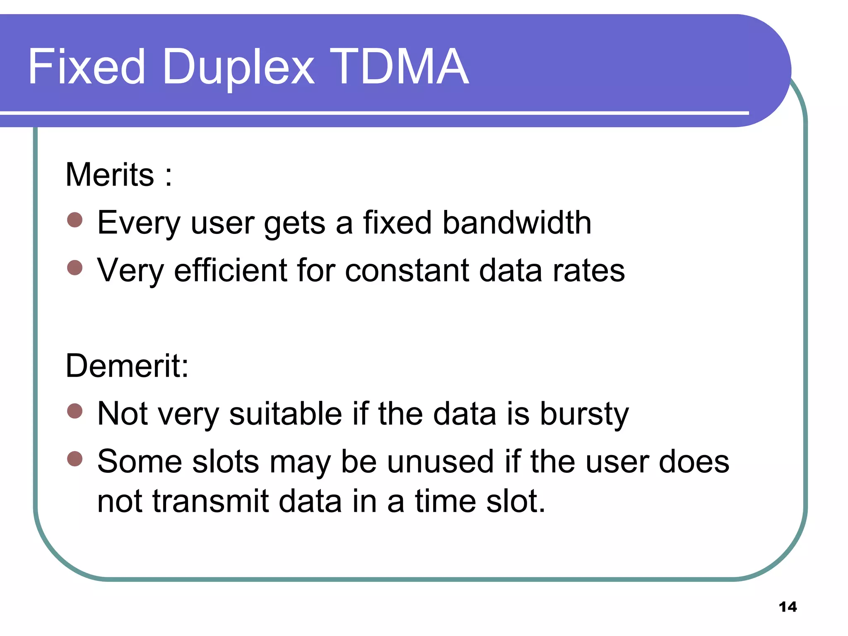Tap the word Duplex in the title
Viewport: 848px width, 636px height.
coord(238,67)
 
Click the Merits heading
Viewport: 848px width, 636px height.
coord(110,175)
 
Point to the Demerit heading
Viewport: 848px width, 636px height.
coord(127,366)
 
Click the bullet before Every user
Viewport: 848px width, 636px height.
coord(75,220)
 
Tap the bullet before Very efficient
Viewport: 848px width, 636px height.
coord(75,268)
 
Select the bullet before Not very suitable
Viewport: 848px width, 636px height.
coord(75,411)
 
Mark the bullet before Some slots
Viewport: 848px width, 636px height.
coord(75,459)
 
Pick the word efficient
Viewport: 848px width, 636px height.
coord(230,270)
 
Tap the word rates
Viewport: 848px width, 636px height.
coord(588,270)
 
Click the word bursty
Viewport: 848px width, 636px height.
coord(584,414)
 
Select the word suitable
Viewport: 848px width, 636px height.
coord(285,414)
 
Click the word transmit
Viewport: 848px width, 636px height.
coord(211,501)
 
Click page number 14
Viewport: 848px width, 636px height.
coord(788,607)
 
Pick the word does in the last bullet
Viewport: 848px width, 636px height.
coord(694,462)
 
